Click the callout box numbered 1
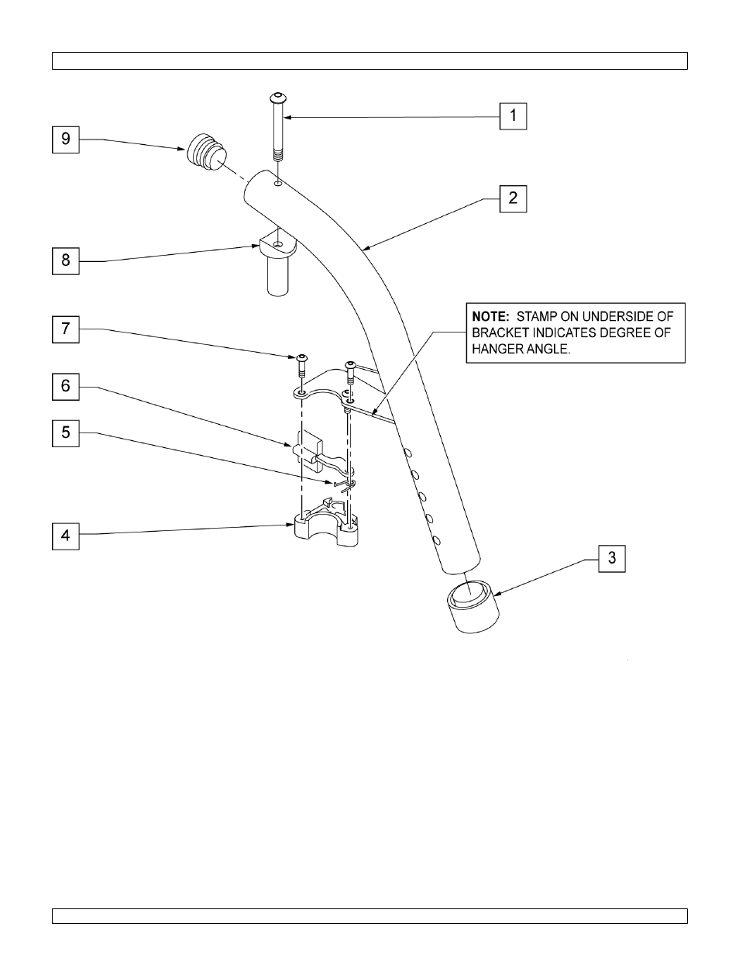click(513, 116)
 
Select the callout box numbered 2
click(513, 198)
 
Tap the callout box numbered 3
click(611, 558)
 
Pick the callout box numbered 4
click(66, 536)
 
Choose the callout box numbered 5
click(66, 432)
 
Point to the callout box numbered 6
click(66, 385)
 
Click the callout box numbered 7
click(66, 329)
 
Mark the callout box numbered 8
click(66, 260)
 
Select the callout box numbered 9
click(66, 139)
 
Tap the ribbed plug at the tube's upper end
click(202, 153)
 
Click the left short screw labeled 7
click(301, 364)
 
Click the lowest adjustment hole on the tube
click(437, 539)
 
